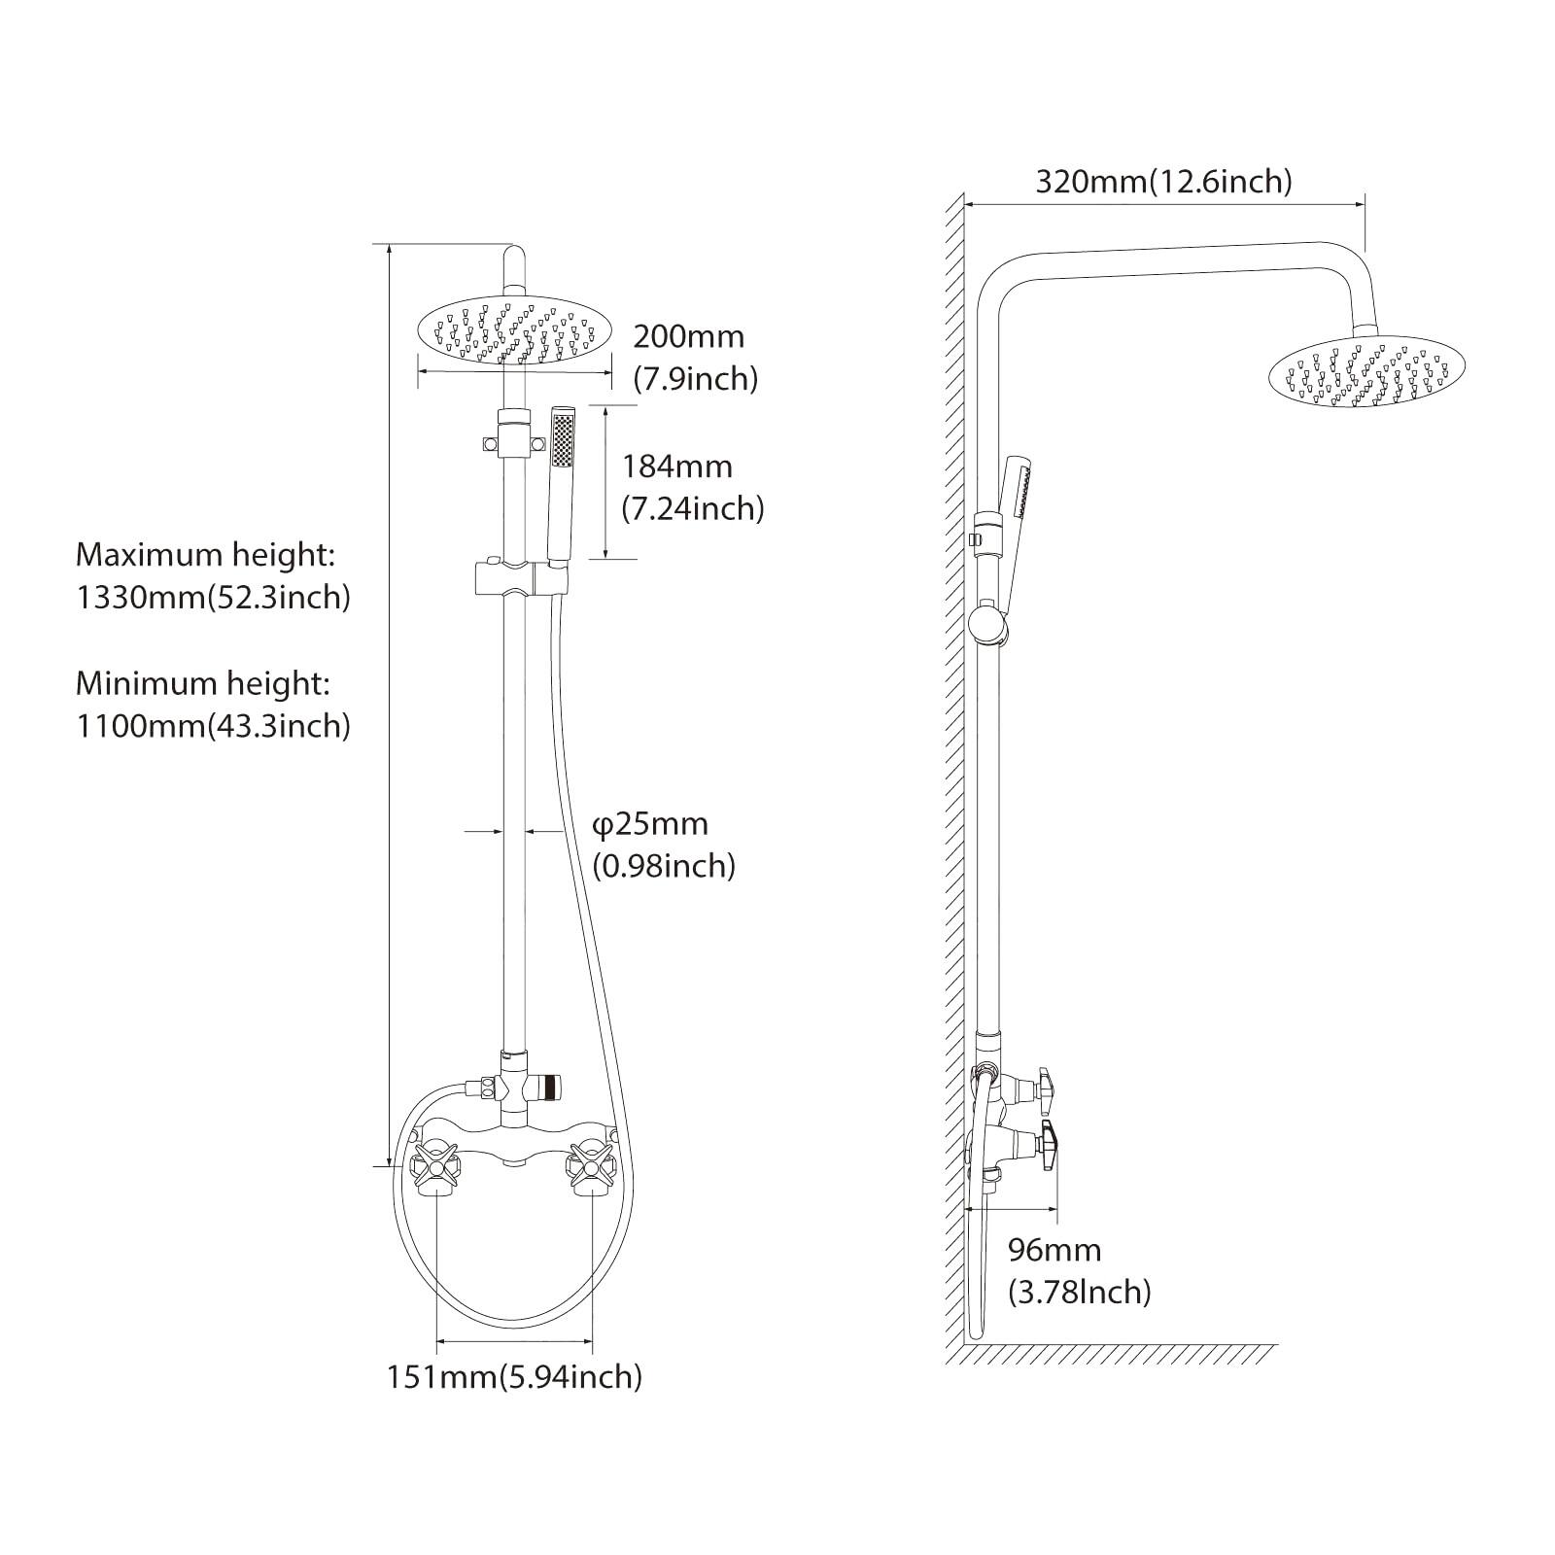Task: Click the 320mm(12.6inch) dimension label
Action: click(1163, 182)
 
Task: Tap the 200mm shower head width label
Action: click(688, 336)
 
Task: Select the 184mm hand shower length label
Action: click(677, 466)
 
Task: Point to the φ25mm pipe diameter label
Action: click(650, 824)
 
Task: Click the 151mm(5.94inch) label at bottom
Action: click(514, 1376)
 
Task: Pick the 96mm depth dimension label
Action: click(1054, 1250)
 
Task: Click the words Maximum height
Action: click(205, 555)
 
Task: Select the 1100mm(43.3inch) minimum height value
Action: click(213, 725)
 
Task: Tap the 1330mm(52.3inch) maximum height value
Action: click(213, 597)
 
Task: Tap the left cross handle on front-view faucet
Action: click(436, 1164)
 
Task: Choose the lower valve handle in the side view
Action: click(1047, 1145)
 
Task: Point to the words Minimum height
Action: click(203, 683)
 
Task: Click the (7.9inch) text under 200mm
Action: click(695, 378)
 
